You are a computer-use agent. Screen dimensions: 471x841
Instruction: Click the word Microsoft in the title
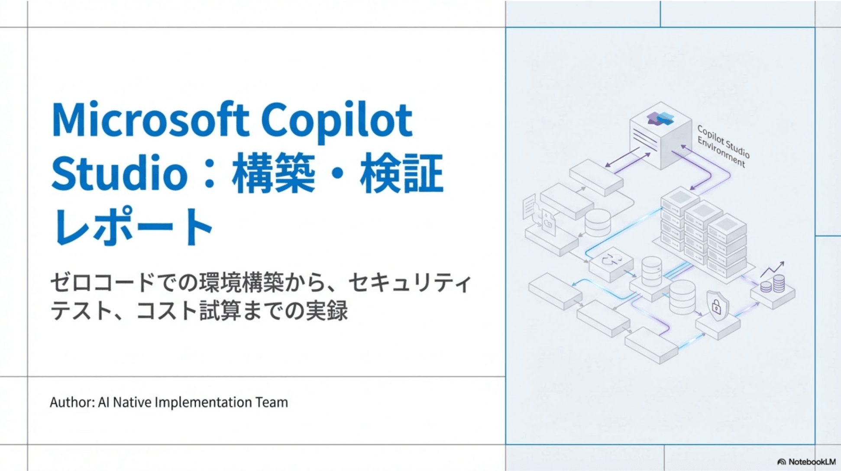click(x=150, y=119)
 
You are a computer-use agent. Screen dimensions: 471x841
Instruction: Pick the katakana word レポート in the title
click(x=132, y=227)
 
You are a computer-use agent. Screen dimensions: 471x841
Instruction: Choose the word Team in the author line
click(x=272, y=402)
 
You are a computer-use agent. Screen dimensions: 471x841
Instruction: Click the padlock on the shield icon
click(x=716, y=306)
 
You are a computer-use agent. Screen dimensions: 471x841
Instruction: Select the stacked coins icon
click(x=773, y=285)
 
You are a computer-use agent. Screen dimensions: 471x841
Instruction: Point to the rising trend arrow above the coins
click(x=773, y=269)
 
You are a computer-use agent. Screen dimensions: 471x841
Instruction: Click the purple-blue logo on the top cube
click(x=660, y=118)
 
